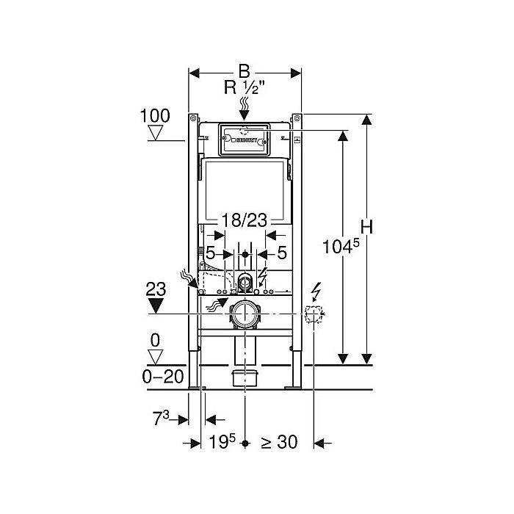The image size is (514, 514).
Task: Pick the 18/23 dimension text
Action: pyautogui.click(x=243, y=219)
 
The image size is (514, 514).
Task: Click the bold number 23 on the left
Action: pyautogui.click(x=155, y=289)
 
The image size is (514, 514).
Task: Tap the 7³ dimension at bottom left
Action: pyautogui.click(x=161, y=419)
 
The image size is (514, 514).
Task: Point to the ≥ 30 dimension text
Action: pyautogui.click(x=278, y=443)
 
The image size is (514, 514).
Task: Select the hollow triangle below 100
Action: pyautogui.click(x=155, y=133)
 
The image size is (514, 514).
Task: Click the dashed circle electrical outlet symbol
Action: pyautogui.click(x=314, y=316)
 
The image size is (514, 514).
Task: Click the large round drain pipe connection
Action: pyautogui.click(x=245, y=315)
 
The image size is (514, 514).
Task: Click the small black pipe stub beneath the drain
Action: pyautogui.click(x=245, y=377)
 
